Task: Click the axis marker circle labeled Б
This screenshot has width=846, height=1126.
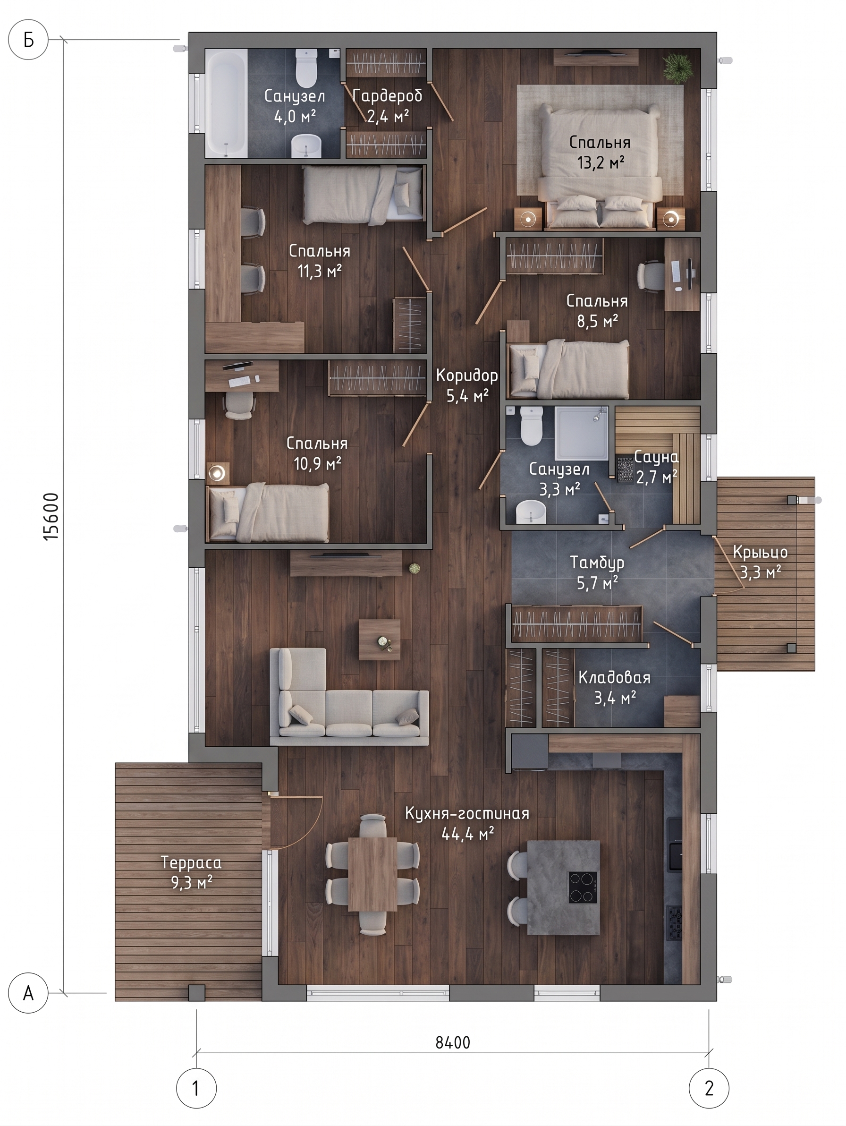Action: click(x=29, y=40)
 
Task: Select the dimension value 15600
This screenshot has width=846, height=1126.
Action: click(x=51, y=516)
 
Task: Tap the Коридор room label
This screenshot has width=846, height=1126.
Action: click(x=467, y=375)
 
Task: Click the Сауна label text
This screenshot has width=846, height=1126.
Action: click(x=656, y=457)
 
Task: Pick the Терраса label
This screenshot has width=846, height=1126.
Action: click(x=191, y=862)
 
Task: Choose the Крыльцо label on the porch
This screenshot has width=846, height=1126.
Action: click(x=761, y=552)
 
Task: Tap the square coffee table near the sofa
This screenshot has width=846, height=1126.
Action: click(x=380, y=640)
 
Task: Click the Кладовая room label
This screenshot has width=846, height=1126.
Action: click(x=615, y=677)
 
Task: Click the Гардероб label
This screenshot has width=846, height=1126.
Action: click(x=387, y=96)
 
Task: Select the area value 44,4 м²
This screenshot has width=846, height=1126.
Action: click(x=467, y=833)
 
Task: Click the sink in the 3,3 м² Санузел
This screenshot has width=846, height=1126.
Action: click(x=530, y=512)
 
